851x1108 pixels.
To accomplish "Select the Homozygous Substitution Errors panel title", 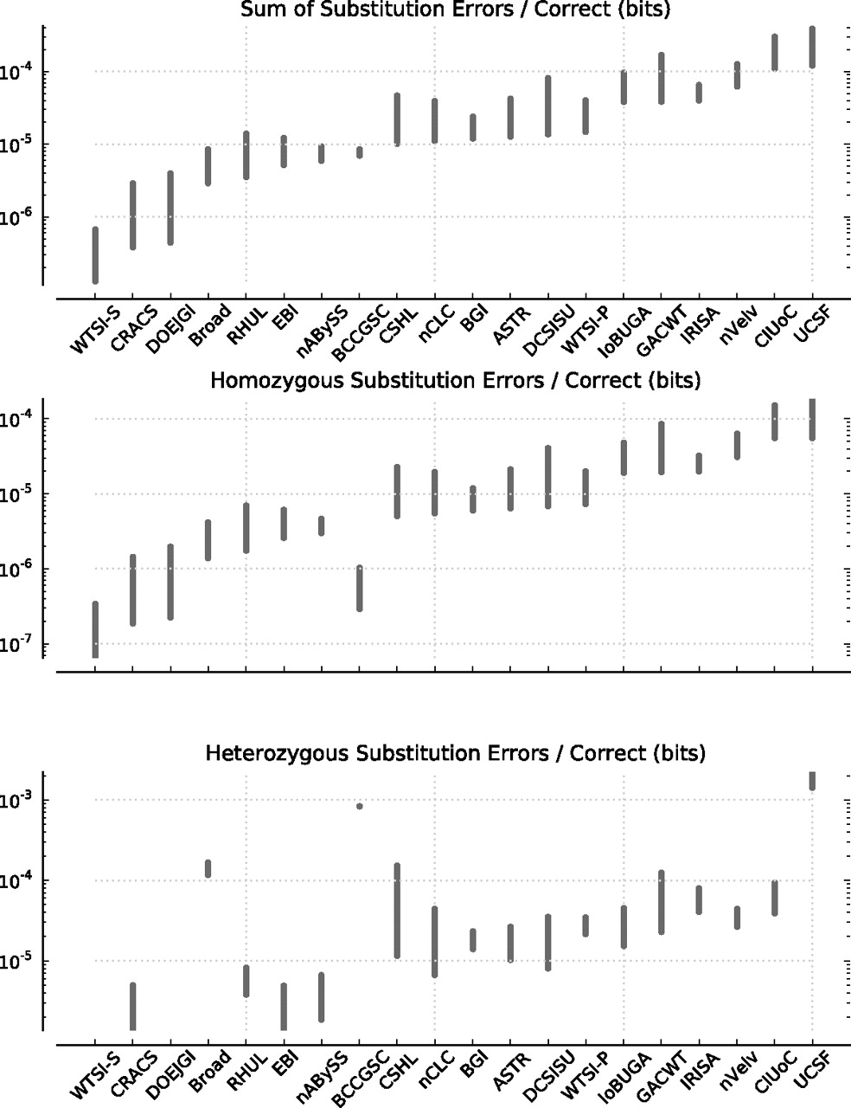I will tap(455, 380).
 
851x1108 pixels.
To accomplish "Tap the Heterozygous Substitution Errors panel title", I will tap(455, 753).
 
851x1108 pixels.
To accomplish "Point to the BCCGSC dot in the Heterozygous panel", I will tap(360, 807).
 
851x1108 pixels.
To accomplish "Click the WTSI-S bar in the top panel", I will tap(95, 255).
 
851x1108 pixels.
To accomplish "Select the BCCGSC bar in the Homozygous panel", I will tap(360, 589).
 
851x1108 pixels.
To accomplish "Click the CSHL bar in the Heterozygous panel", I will tap(397, 911).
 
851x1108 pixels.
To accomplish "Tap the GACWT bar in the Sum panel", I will tap(662, 78).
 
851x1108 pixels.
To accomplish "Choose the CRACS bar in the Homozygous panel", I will tap(132, 589).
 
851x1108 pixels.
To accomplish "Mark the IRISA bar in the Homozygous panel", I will tap(699, 463).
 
